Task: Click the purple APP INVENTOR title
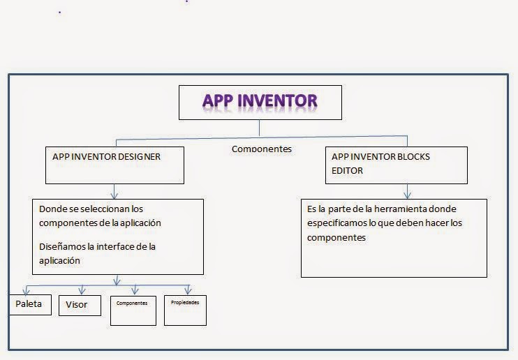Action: click(x=260, y=101)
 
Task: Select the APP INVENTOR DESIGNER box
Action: click(x=115, y=165)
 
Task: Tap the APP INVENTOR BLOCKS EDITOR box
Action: click(x=396, y=165)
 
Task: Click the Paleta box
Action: click(x=29, y=304)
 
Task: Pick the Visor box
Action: click(x=77, y=305)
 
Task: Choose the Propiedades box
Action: click(x=185, y=310)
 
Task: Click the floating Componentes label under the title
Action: click(x=261, y=149)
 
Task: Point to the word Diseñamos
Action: click(x=65, y=246)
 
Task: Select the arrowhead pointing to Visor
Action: click(x=81, y=290)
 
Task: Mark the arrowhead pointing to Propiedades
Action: click(x=187, y=290)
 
